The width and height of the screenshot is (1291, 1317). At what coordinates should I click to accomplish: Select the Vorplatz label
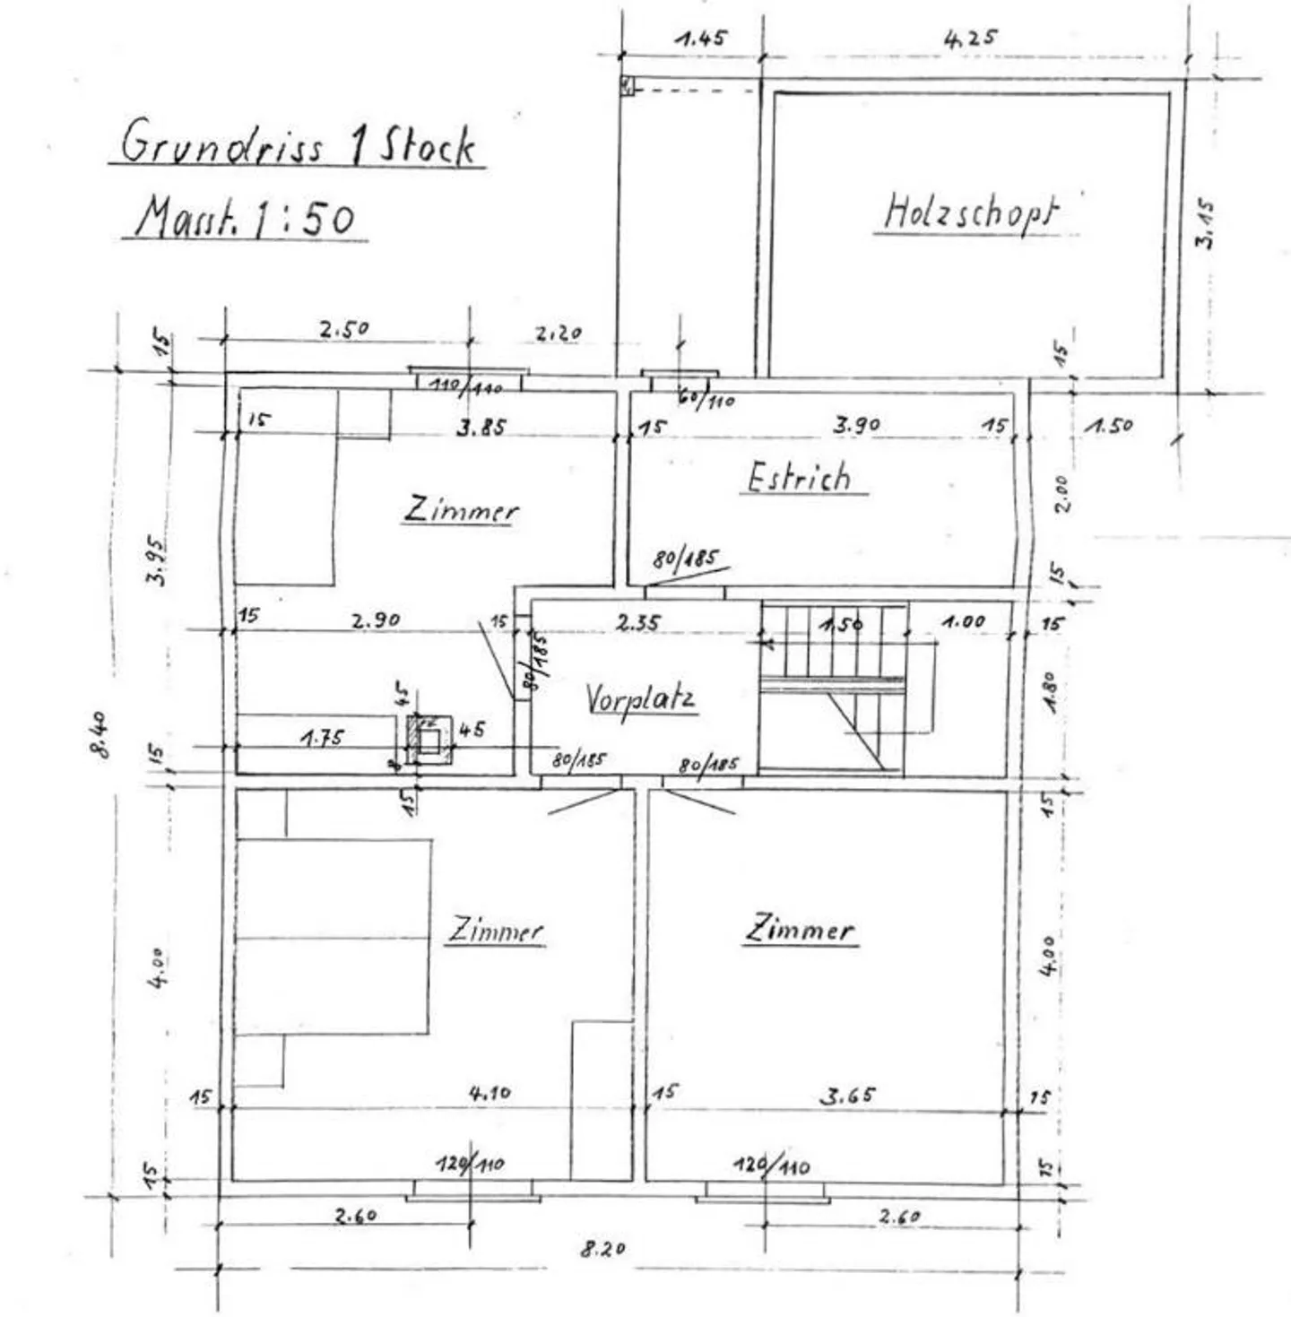click(x=640, y=698)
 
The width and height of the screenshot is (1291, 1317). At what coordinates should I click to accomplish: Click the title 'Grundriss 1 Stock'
click(x=298, y=143)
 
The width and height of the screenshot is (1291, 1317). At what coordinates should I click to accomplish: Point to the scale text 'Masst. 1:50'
click(x=245, y=217)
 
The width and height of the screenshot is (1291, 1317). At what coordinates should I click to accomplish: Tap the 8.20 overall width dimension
click(x=602, y=1248)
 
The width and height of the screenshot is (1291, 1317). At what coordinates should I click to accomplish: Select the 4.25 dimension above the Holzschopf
click(x=971, y=39)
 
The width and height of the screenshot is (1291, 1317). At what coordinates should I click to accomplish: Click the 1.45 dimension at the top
click(x=701, y=39)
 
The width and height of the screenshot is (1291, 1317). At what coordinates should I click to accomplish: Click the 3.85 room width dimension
click(x=481, y=428)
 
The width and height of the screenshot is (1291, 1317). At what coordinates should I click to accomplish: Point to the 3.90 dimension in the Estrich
click(x=856, y=425)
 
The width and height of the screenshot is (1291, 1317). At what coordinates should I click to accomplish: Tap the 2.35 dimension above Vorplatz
click(x=637, y=622)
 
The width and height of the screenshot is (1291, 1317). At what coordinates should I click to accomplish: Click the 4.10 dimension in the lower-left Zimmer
click(x=490, y=1093)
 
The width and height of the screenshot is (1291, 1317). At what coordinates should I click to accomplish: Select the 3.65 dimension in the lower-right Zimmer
click(x=848, y=1095)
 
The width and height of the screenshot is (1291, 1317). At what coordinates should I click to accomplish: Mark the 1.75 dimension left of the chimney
click(x=322, y=738)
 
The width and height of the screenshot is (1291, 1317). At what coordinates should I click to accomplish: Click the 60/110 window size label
click(x=706, y=400)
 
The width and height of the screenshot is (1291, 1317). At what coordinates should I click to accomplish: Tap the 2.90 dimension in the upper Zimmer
click(x=376, y=619)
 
